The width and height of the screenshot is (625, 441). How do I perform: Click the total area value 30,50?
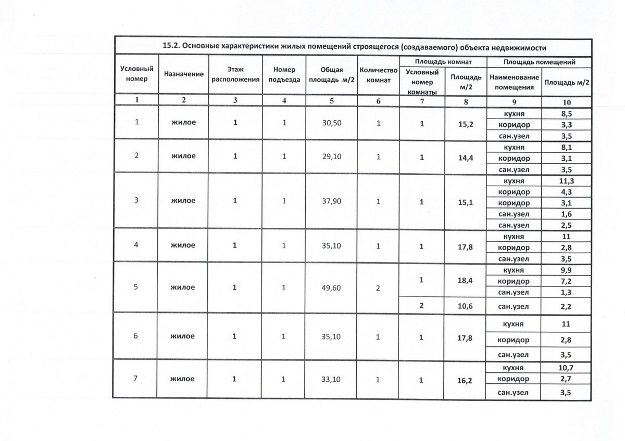pyautogui.click(x=331, y=124)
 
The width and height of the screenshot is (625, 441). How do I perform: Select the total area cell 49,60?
pyautogui.click(x=331, y=288)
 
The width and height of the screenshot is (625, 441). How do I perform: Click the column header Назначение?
pyautogui.click(x=183, y=74)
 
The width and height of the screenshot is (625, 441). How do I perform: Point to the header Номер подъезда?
pyautogui.click(x=284, y=74)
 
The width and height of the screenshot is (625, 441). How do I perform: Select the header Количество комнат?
pyautogui.click(x=378, y=74)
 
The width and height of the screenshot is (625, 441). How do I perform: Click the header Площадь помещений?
pyautogui.click(x=539, y=62)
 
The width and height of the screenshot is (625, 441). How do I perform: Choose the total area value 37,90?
pyautogui.click(x=331, y=201)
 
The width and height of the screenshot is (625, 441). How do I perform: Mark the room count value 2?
pyautogui.click(x=378, y=288)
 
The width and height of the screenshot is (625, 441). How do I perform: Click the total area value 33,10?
pyautogui.click(x=331, y=380)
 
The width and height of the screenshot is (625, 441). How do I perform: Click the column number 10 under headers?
pyautogui.click(x=566, y=101)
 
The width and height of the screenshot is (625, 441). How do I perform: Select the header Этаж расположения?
pyautogui.click(x=235, y=74)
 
